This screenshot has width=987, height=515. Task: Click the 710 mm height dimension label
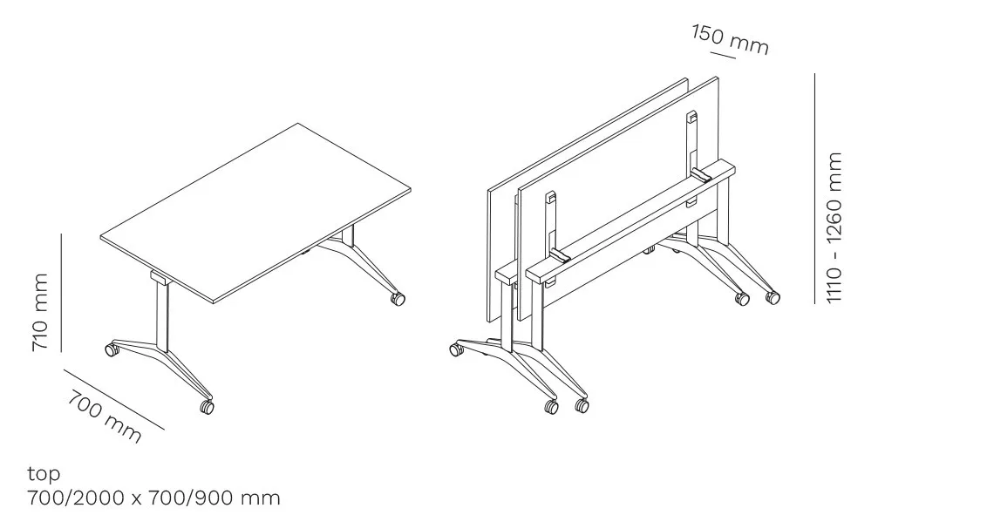click(x=39, y=312)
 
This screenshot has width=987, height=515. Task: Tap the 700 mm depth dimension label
click(x=105, y=417)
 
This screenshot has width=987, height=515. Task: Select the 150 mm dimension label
click(x=730, y=39)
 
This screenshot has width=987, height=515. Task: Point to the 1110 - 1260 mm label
click(x=834, y=227)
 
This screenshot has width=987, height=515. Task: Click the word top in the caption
click(x=44, y=473)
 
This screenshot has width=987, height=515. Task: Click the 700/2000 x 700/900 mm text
click(x=153, y=498)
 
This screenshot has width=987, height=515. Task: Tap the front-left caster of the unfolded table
click(x=112, y=349)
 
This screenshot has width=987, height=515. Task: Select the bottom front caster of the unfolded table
click(x=207, y=407)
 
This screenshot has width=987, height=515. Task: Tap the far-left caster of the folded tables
click(x=456, y=349)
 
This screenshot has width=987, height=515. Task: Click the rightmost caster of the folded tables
click(x=773, y=297)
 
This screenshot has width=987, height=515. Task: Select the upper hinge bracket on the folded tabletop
click(x=691, y=117)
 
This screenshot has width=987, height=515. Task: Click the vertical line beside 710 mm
click(x=62, y=293)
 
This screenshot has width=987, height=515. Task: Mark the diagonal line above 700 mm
click(x=114, y=399)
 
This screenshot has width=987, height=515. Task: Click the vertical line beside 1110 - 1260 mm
click(x=814, y=188)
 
